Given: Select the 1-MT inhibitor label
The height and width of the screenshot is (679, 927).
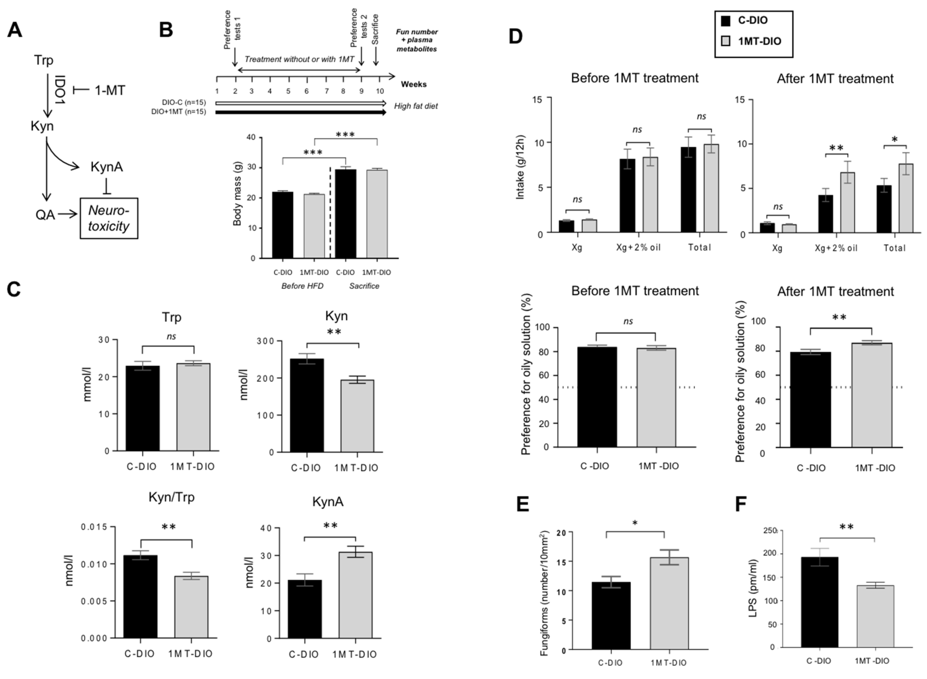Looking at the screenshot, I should point(110,90).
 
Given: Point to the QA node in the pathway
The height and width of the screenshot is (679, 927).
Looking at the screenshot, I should point(45,214).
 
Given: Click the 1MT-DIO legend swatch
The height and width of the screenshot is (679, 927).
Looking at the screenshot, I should point(726,41).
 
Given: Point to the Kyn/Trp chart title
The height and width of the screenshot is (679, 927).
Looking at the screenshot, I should point(171,497).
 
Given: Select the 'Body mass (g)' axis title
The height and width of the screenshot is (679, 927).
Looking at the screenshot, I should point(237,194).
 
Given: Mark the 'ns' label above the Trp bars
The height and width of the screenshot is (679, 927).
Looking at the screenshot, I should point(171,336).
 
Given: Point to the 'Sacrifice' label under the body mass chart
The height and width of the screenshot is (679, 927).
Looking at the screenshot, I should point(364,286).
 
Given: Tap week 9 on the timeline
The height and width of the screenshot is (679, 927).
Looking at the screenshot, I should point(362,91).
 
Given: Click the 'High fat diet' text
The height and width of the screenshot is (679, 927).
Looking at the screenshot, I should point(416,106).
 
